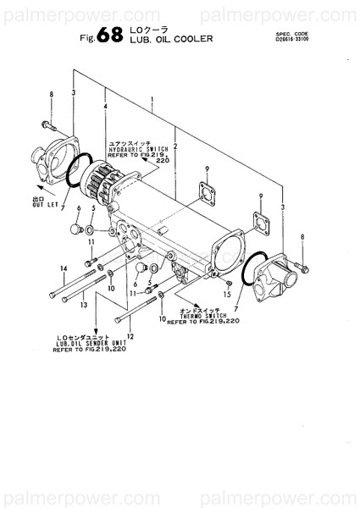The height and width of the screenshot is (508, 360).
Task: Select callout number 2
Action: (174, 132)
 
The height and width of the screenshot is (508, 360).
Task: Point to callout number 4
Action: (105, 106)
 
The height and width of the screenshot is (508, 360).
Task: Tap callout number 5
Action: (92, 207)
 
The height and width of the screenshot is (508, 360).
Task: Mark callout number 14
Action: (63, 269)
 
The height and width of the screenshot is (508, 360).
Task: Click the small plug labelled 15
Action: (227, 281)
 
